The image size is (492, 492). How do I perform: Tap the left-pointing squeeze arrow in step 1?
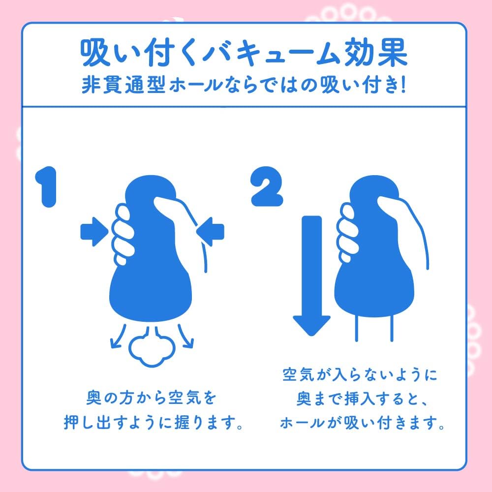point(210,230)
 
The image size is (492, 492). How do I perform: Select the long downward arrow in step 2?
point(311,276)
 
